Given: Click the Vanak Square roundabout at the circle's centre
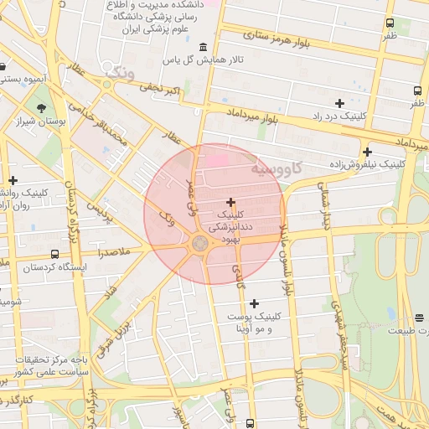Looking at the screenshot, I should click(200, 243).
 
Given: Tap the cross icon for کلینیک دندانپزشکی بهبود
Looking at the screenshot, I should click(230, 202).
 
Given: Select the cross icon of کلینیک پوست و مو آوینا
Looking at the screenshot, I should click(255, 302).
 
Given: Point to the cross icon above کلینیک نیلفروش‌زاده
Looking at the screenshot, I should click(367, 152).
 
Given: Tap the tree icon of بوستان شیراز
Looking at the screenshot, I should click(41, 107).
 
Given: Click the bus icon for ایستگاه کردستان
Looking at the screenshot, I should click(54, 254).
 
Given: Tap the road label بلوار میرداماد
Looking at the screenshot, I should click(251, 115).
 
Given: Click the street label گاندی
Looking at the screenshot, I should click(240, 279).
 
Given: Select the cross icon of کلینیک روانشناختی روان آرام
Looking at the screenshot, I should click(13, 179).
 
